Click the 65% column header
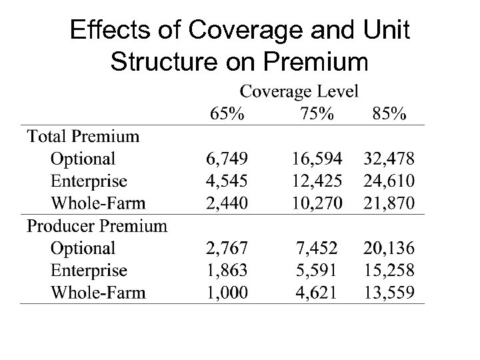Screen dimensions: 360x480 227,114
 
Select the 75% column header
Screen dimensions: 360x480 317,114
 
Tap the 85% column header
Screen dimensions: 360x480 389,114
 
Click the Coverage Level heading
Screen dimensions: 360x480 299,91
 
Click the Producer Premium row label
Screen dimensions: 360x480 97,226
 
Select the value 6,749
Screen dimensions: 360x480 226,159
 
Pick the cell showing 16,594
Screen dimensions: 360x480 317,159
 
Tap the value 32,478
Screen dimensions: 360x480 389,159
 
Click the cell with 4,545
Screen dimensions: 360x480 226,181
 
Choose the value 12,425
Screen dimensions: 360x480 317,181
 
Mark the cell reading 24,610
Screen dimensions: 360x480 389,181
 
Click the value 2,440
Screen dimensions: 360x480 226,203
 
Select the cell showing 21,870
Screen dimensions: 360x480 389,203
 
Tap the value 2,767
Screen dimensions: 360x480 226,249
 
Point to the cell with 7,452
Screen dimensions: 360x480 317,249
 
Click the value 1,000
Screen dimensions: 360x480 226,292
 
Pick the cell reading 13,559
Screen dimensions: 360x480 389,292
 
